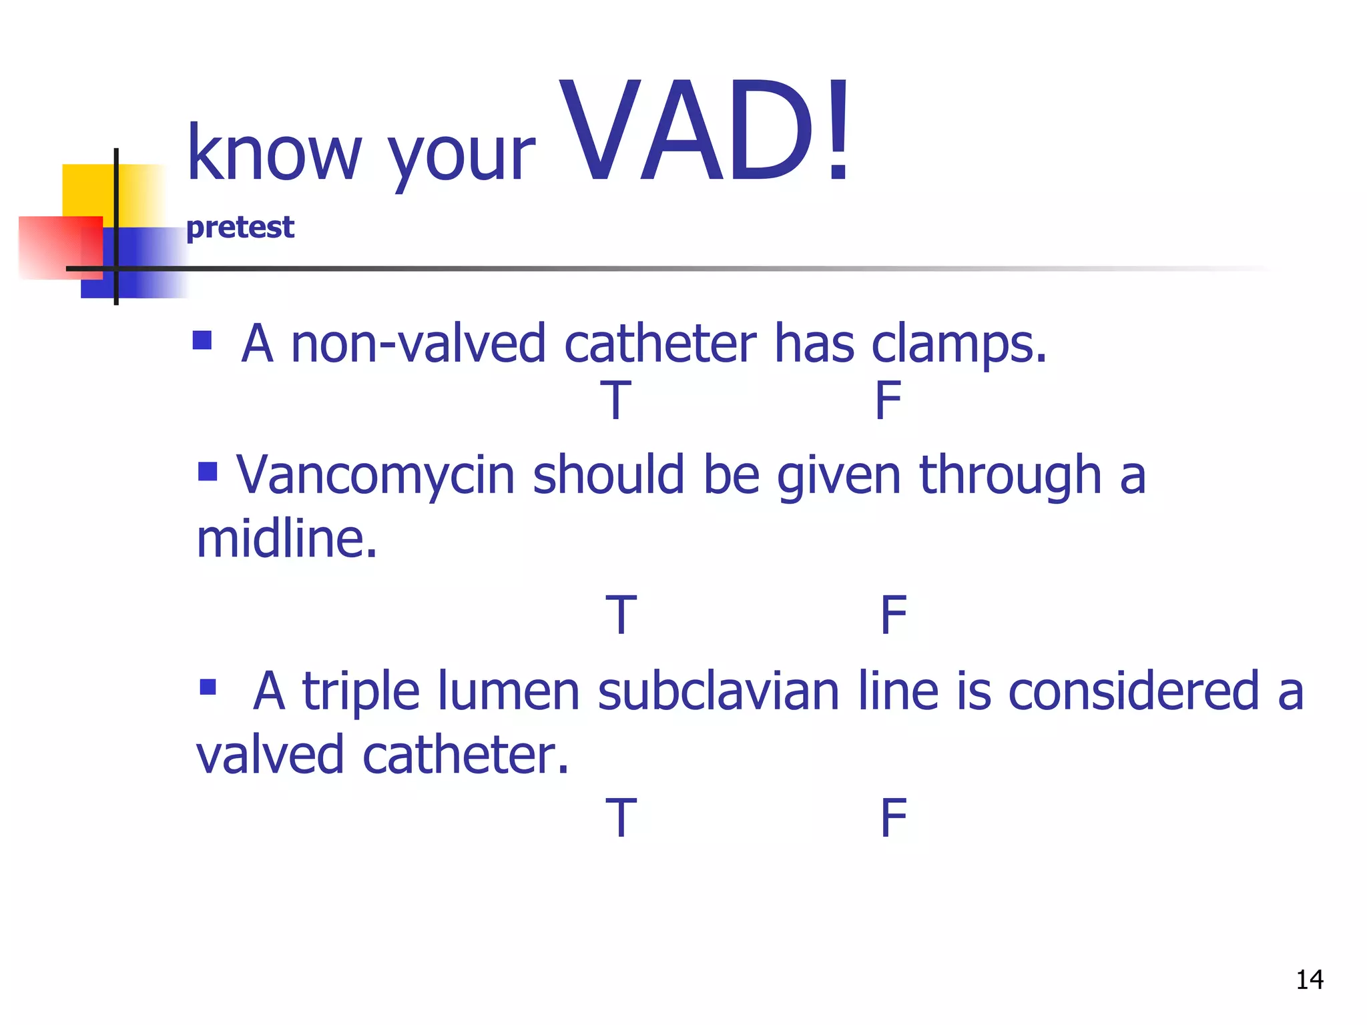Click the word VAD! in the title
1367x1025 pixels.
704,130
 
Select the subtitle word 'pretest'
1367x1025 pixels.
240,228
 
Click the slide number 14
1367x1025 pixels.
1309,980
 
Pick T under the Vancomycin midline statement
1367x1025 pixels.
621,615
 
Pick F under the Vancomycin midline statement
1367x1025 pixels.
893,615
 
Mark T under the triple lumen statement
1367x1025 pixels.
621,817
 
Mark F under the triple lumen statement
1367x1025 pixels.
893,817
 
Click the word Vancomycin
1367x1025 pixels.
376,476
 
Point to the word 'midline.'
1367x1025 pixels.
287,539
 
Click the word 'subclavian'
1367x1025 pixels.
718,691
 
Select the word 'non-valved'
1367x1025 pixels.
419,344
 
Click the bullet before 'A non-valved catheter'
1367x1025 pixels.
202,340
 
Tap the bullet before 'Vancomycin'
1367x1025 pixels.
208,472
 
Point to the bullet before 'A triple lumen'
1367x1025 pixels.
208,687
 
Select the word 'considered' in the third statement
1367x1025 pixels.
1133,691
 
